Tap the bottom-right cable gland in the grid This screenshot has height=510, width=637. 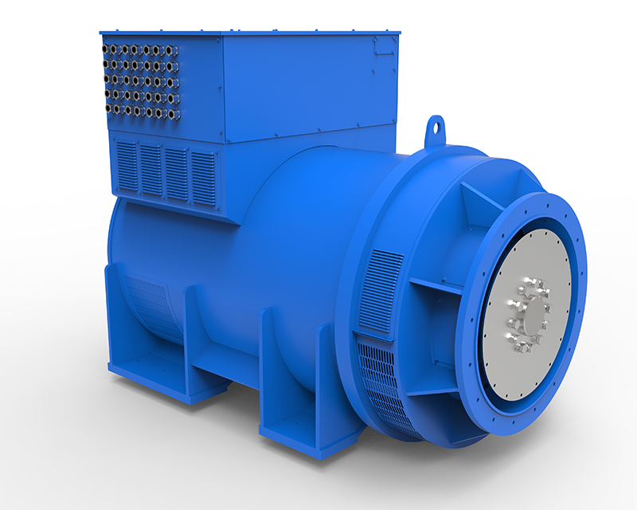[173, 112]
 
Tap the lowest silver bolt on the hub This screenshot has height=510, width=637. [521, 348]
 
